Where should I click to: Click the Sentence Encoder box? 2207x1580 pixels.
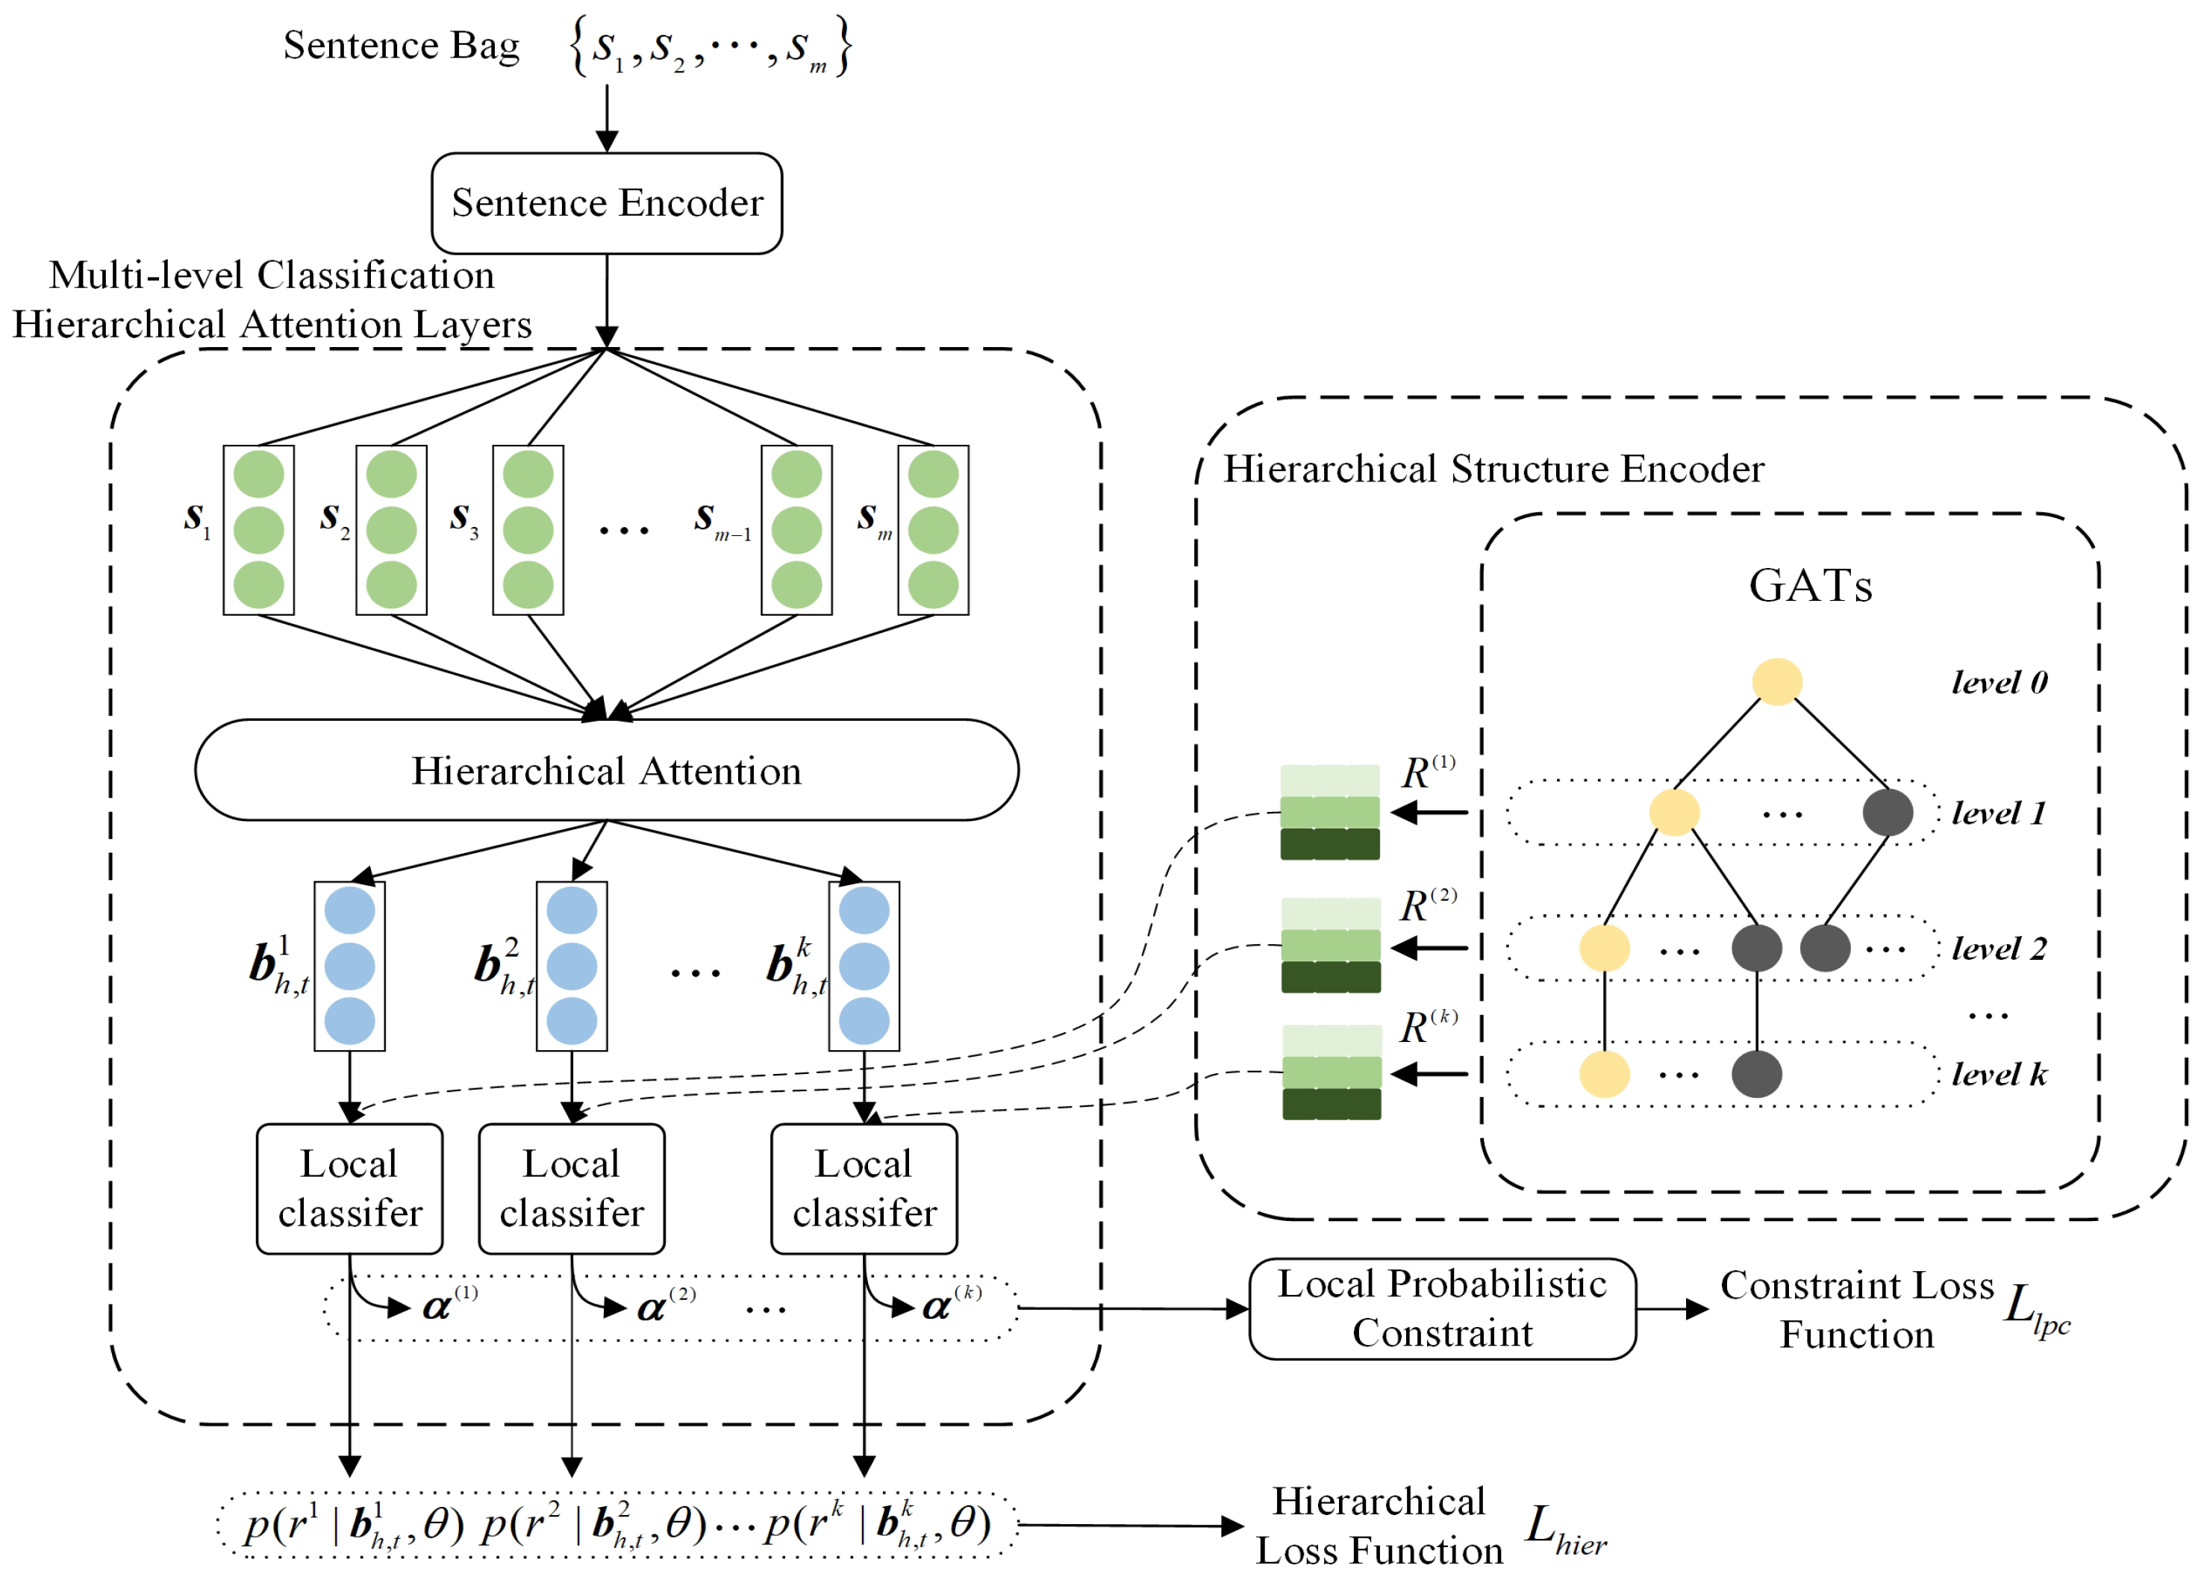click(x=606, y=203)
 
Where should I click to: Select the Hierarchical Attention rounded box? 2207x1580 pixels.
click(x=606, y=770)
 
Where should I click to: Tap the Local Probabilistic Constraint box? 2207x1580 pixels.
click(x=1441, y=1308)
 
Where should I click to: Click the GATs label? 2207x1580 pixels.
click(x=1809, y=586)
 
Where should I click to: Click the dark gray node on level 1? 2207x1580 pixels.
click(x=1887, y=812)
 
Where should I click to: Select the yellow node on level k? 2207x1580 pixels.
click(x=1604, y=1074)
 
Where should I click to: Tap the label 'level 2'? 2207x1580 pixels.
click(x=1999, y=949)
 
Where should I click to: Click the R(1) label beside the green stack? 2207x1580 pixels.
click(x=1427, y=772)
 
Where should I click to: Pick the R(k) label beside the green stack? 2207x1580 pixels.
click(x=1427, y=1028)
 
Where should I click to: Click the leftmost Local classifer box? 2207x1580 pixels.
click(x=349, y=1189)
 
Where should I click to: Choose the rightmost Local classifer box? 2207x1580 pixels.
click(x=864, y=1189)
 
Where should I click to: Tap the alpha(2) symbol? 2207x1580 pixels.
click(x=665, y=1307)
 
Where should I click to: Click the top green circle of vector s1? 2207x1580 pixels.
click(x=259, y=475)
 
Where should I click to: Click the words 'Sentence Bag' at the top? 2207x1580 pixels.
click(x=401, y=46)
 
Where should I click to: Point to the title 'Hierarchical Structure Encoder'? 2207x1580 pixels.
click(x=1493, y=469)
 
